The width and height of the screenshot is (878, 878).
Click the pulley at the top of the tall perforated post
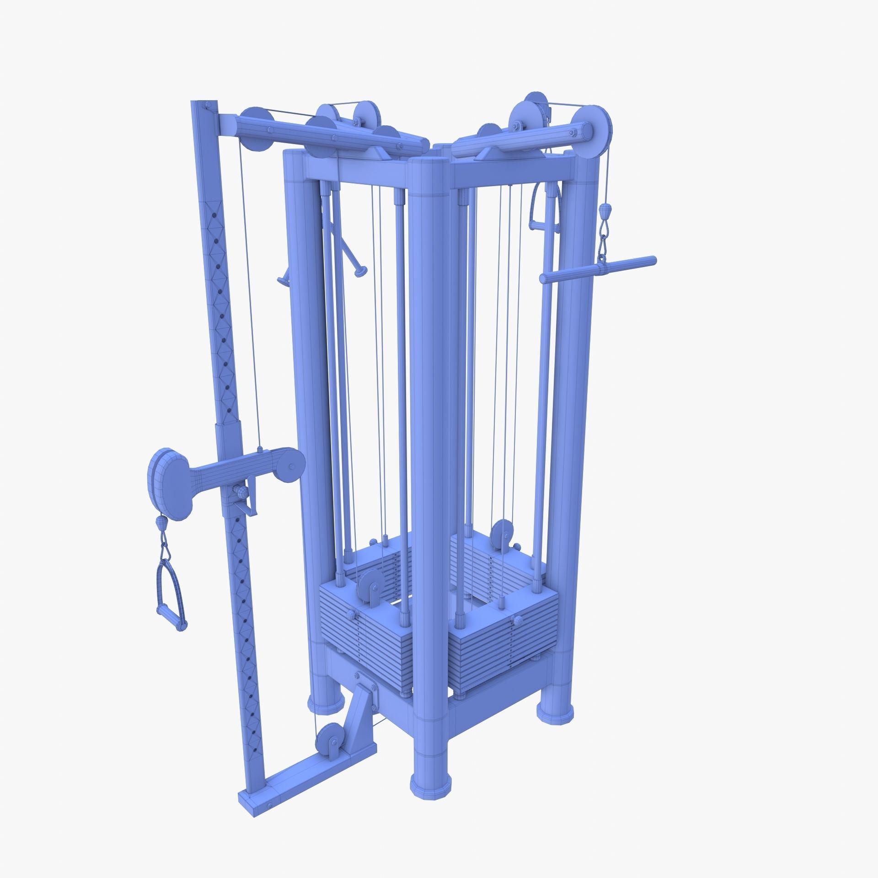(x=256, y=129)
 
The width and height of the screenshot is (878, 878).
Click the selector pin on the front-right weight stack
(x=518, y=621)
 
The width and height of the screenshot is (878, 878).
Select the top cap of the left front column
(x=294, y=155)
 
